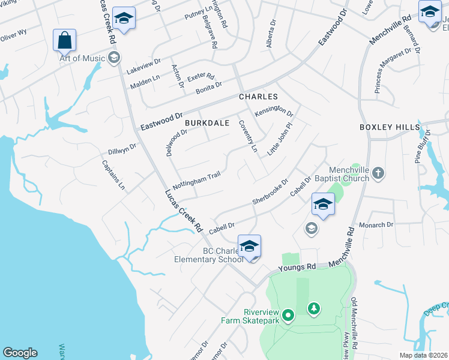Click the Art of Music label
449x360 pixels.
click(x=83, y=58)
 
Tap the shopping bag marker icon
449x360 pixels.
click(x=64, y=40)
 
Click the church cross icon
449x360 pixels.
click(x=378, y=173)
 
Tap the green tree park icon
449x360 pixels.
click(x=313, y=308)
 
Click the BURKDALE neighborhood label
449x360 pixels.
click(x=207, y=122)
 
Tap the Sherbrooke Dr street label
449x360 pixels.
click(x=271, y=192)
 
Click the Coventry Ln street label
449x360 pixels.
click(x=248, y=135)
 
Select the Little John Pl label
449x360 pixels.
click(x=280, y=139)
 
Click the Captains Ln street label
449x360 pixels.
click(x=113, y=175)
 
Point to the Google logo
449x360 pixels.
click(x=20, y=353)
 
